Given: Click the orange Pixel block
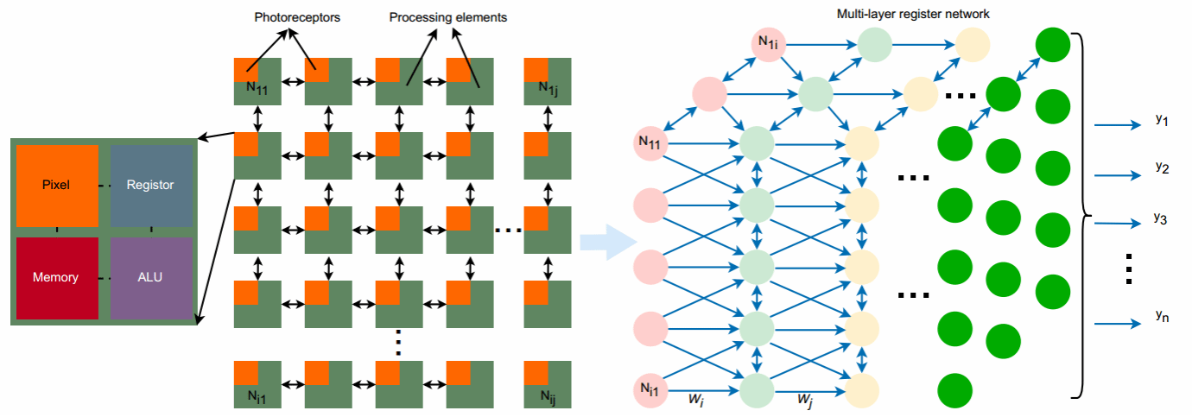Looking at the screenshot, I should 57,185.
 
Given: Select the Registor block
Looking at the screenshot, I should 150,185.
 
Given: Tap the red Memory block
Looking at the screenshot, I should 56,277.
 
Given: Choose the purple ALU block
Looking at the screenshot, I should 150,277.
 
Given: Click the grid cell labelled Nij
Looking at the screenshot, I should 548,384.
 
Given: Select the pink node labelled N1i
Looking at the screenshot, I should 766,43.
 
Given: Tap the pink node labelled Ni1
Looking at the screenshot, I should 650,389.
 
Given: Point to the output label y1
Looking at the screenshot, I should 1161,120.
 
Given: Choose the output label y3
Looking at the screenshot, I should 1160,218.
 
